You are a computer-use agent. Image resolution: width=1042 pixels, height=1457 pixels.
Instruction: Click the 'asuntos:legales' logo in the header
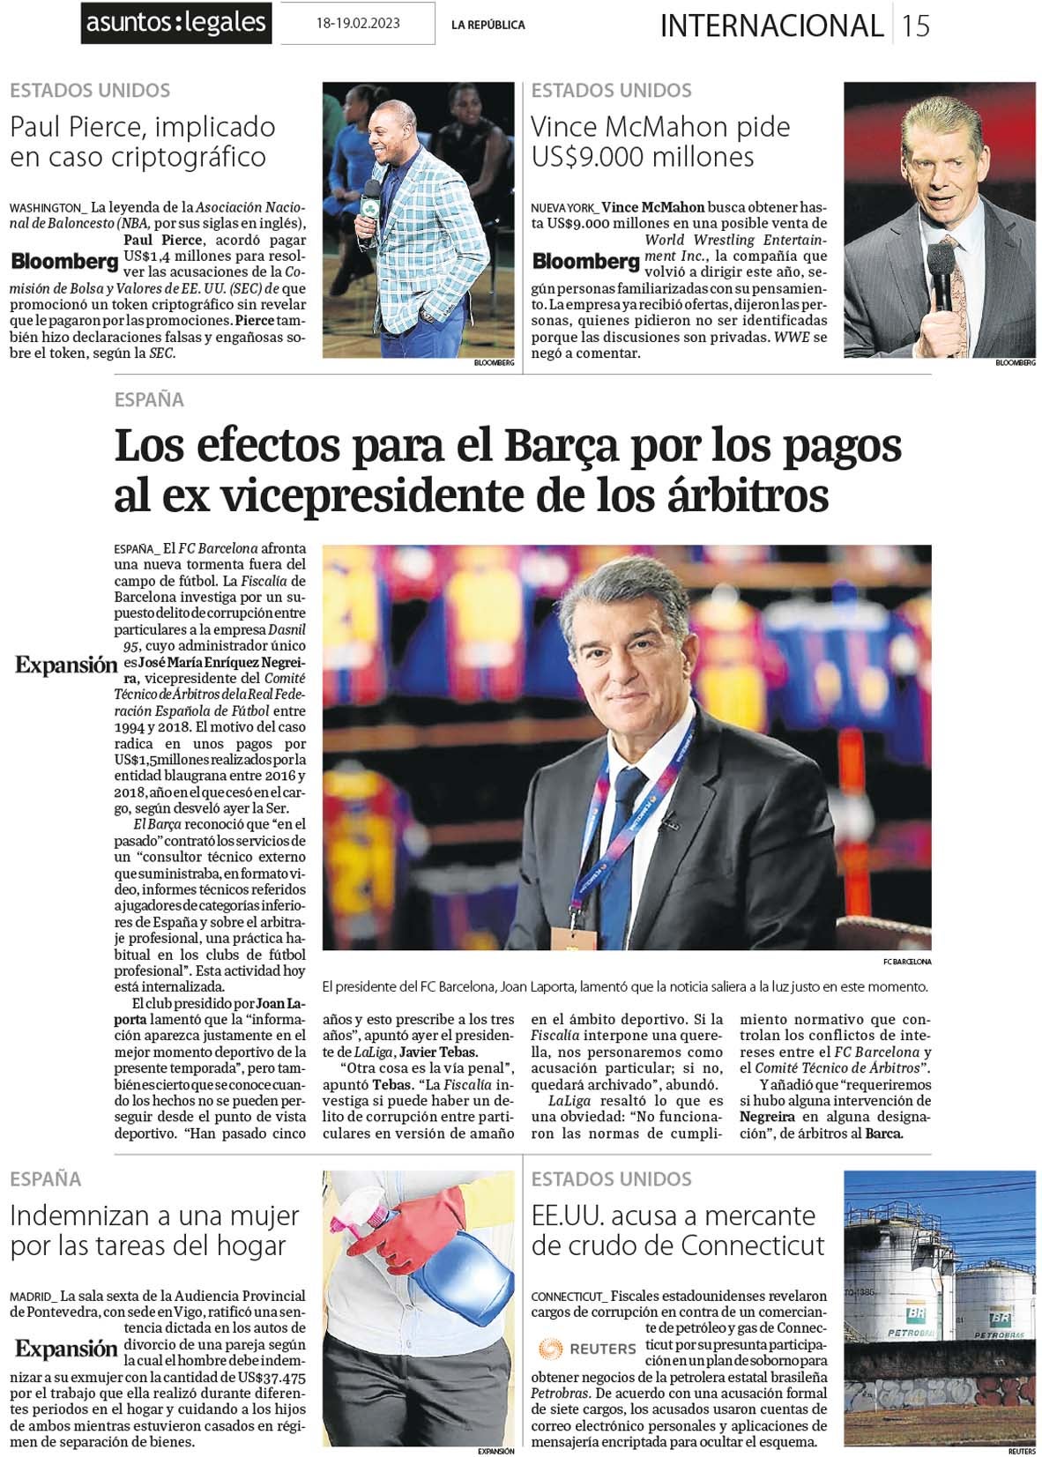point(175,22)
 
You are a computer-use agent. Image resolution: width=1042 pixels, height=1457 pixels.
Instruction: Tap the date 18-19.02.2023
point(357,23)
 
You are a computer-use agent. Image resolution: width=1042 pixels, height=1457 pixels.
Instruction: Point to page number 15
point(916,25)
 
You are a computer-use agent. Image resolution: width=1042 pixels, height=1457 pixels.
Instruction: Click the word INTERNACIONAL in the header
point(771,26)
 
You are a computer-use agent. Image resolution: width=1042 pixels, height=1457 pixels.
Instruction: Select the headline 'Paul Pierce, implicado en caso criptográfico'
point(142,141)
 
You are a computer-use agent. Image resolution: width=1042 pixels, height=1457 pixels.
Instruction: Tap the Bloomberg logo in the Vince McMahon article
point(586,261)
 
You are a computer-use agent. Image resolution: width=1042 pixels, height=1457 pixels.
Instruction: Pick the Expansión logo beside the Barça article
point(66,665)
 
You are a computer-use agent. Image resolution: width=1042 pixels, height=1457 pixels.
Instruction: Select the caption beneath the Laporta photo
point(625,986)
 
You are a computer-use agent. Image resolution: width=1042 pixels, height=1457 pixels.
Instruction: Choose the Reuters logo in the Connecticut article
point(587,1349)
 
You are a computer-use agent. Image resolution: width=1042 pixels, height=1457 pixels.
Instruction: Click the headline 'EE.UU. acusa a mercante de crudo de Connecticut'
point(677,1230)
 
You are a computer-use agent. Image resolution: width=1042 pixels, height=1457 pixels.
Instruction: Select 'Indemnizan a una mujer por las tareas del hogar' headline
point(154,1230)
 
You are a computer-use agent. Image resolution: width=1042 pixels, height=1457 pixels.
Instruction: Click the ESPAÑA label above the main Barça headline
point(149,399)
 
